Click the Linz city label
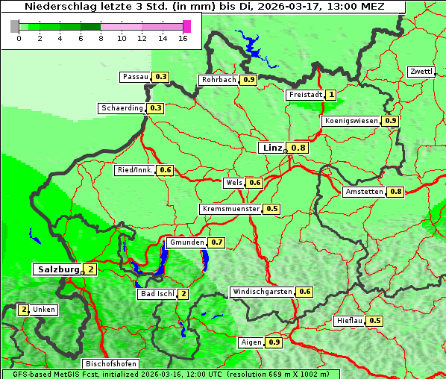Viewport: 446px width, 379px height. [271, 148]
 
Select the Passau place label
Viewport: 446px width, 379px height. [136, 77]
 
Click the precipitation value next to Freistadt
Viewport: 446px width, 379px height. [330, 95]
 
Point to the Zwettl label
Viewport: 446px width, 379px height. [421, 72]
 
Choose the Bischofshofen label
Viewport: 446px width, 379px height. [110, 363]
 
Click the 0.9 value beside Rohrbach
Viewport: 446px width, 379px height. [249, 80]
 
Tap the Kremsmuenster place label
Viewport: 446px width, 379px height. [230, 209]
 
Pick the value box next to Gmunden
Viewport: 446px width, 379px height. [217, 242]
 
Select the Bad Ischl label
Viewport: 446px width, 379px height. [157, 294]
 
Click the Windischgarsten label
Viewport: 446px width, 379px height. [262, 292]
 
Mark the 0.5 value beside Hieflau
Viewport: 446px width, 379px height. [375, 321]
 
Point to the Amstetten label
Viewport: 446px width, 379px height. [364, 192]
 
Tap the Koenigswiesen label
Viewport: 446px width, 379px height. [351, 121]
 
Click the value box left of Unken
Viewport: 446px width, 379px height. [23, 309]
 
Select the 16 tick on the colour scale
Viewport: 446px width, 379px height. [183, 37]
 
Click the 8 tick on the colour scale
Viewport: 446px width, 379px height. [101, 37]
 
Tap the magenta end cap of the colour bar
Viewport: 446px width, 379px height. [186, 26]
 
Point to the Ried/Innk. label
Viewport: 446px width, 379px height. [135, 170]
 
